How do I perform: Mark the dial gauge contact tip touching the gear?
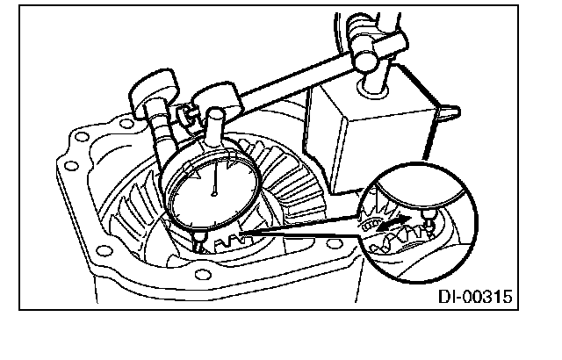pos(199,240)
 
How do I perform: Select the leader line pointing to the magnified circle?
pos(299,231)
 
